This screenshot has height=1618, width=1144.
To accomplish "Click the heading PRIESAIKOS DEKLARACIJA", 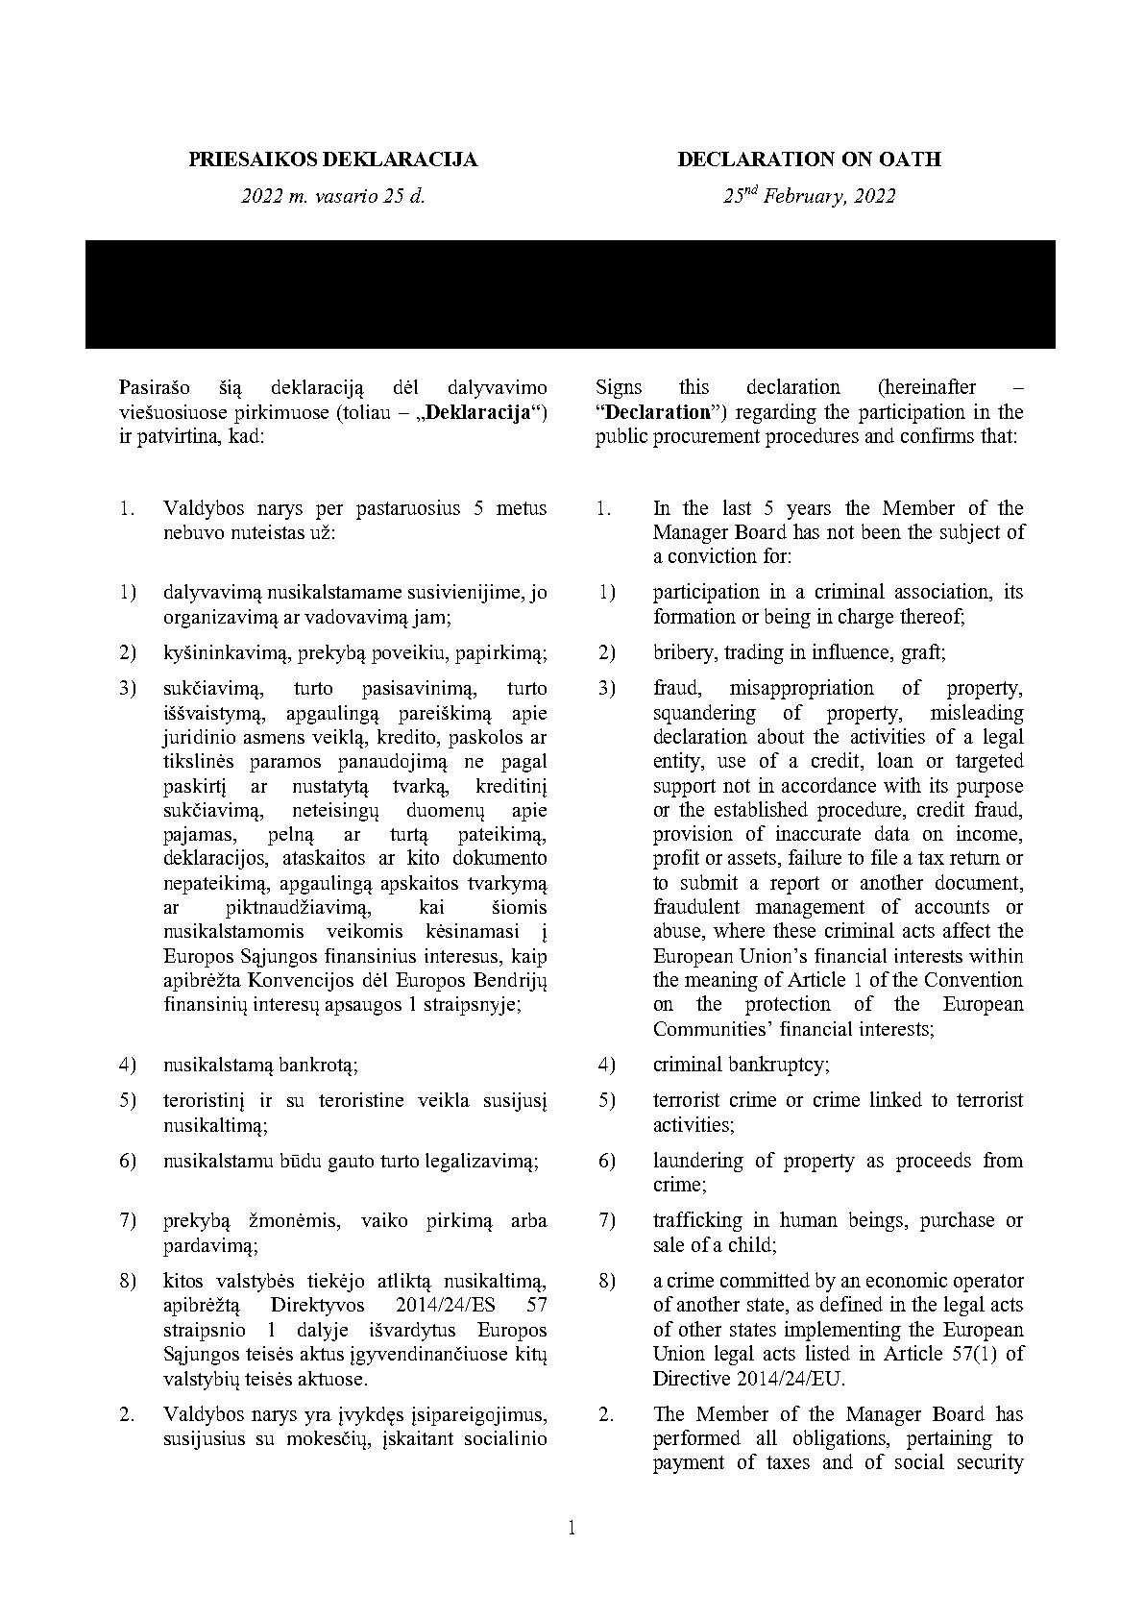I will (332, 159).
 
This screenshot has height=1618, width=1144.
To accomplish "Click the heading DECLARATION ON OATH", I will (809, 159).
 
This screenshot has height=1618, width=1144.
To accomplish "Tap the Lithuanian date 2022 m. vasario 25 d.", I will (332, 197).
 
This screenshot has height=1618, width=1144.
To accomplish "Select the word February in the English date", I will (806, 197).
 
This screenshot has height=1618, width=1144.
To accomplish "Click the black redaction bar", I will (570, 294).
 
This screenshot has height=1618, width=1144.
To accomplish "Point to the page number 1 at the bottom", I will (572, 1529).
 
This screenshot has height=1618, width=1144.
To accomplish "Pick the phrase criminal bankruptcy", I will (741, 1065).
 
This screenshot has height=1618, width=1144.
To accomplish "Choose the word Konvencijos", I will (304, 980).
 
